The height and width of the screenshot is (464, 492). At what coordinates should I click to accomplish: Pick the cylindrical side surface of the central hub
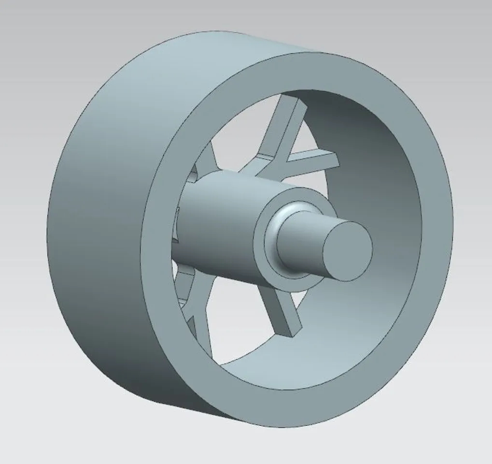217,227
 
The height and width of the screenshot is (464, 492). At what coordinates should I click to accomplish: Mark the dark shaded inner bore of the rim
367,159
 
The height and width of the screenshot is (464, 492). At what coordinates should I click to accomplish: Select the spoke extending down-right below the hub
278,309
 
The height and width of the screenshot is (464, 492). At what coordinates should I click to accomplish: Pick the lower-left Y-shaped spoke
196,314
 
